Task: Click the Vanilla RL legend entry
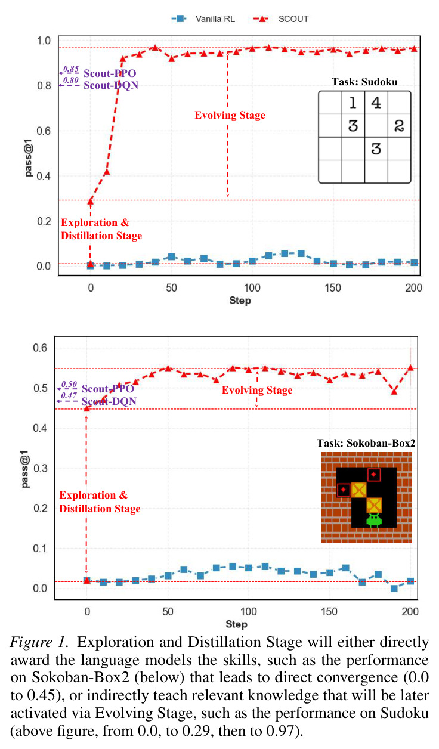click(x=203, y=19)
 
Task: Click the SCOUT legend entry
click(x=281, y=19)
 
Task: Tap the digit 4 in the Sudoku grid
click(x=376, y=103)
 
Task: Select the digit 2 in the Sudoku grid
click(x=399, y=126)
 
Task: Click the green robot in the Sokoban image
click(x=374, y=520)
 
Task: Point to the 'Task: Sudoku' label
click(x=364, y=82)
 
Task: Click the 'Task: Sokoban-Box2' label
click(x=366, y=443)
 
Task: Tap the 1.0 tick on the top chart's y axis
click(x=44, y=41)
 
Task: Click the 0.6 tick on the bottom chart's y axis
click(x=40, y=348)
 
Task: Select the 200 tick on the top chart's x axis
click(x=413, y=287)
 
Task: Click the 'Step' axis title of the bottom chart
click(x=236, y=624)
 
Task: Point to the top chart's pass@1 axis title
click(x=29, y=158)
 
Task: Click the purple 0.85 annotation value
click(x=71, y=69)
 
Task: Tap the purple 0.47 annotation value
click(x=69, y=395)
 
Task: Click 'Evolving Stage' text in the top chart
click(x=230, y=115)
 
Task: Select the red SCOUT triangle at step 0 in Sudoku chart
click(x=91, y=201)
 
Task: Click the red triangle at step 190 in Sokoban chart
click(x=394, y=391)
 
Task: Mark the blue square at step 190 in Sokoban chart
click(x=394, y=589)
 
